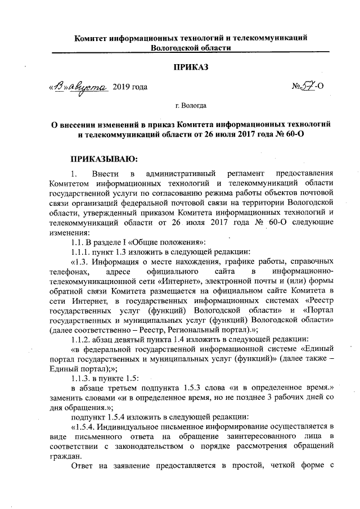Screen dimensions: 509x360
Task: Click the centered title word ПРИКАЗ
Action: [191, 68]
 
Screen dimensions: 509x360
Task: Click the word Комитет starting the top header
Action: [94, 38]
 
